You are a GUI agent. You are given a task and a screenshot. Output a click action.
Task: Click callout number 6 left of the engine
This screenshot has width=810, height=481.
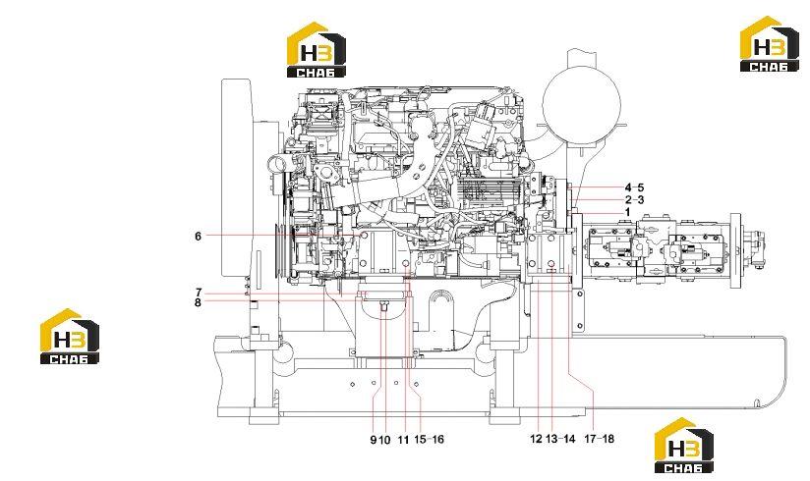coord(198,237)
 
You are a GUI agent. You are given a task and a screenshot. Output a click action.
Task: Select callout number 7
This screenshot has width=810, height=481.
coord(199,293)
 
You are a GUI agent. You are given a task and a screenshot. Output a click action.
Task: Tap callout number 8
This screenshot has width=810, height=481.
coord(198,302)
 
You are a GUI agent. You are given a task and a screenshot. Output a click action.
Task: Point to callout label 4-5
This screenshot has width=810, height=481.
coord(634,187)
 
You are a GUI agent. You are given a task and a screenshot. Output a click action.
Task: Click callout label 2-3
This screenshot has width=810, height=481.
coord(634,200)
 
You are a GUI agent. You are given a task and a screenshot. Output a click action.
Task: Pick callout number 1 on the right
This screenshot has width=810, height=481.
coord(627,212)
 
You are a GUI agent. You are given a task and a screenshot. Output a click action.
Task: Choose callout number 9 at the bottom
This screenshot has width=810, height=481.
coord(373,440)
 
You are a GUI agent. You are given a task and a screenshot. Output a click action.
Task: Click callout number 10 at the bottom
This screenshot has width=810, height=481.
coord(383,440)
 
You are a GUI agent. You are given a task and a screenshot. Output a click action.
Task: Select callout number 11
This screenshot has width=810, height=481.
coord(403,440)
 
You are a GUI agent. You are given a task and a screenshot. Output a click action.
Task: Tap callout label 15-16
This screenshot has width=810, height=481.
coord(429,440)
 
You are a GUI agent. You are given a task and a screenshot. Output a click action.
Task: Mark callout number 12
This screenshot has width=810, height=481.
coord(536,439)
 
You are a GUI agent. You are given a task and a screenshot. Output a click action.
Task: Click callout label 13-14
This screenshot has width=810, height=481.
coord(560,439)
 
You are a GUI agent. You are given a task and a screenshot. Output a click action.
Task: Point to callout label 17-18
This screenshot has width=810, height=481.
coord(600,439)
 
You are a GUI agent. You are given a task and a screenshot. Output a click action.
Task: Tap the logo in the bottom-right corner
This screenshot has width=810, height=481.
coord(683,446)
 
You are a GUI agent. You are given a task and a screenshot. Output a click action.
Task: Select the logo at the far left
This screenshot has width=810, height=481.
coord(70,336)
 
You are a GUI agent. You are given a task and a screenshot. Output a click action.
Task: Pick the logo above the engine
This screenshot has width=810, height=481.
coord(317,49)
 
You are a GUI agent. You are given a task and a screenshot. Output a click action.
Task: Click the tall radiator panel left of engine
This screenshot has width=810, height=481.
coord(237,178)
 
